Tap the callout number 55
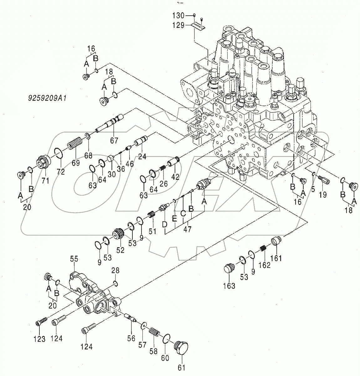click(74, 259)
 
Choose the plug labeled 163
click(229, 269)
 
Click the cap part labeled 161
click(275, 241)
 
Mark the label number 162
click(265, 266)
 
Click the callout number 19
click(322, 195)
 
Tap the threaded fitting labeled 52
click(118, 235)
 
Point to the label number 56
click(131, 338)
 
